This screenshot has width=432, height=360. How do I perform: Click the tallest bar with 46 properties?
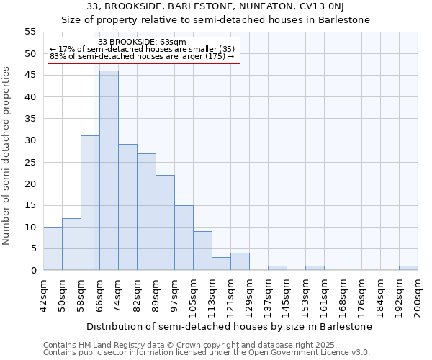click(109, 171)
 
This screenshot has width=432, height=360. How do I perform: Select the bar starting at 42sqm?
click(53, 248)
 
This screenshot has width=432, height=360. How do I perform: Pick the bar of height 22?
click(165, 222)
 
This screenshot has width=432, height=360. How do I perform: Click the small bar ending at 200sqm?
click(408, 268)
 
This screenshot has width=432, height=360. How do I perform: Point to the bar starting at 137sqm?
click(277, 268)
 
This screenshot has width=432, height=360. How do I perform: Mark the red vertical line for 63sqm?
click(94, 166)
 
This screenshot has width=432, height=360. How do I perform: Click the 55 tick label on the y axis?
click(30, 32)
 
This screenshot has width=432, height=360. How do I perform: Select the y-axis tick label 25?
click(30, 162)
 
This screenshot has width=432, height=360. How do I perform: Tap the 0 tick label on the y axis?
click(33, 271)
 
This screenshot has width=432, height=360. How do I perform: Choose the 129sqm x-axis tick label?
click(249, 295)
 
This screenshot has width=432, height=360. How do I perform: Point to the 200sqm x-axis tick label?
click(418, 295)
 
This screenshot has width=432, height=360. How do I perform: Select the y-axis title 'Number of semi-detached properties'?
click(7, 156)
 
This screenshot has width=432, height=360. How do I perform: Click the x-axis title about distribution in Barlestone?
click(231, 326)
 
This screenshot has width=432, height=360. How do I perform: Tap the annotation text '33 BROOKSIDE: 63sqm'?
click(142, 42)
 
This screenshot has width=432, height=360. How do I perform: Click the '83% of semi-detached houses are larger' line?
click(142, 56)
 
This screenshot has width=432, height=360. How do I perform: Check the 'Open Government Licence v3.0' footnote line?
click(207, 353)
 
